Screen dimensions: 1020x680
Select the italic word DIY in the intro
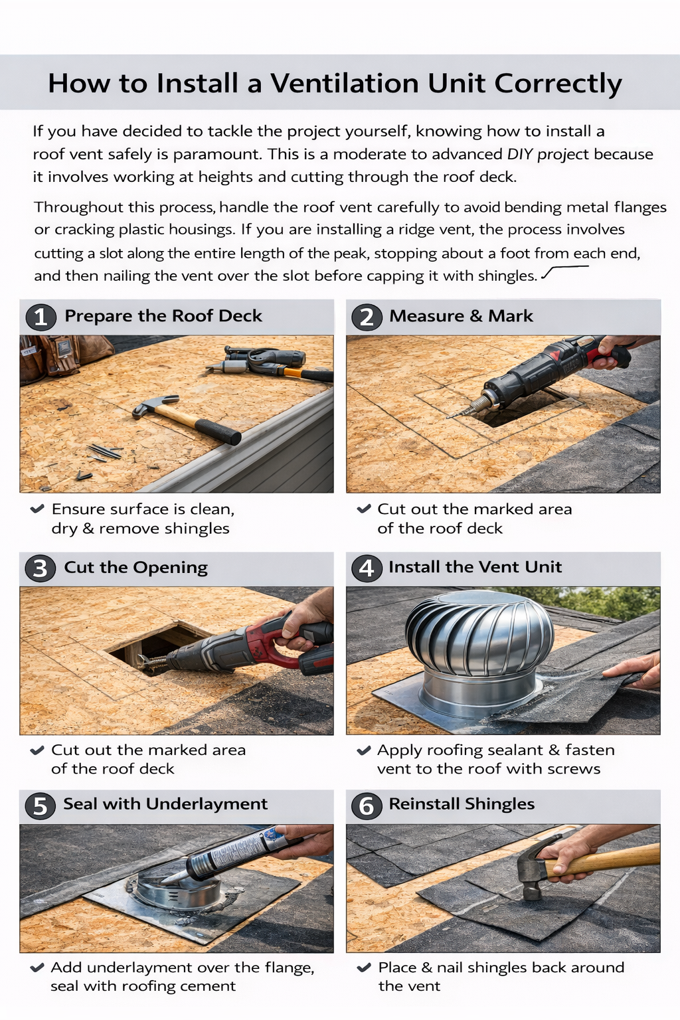click(x=520, y=154)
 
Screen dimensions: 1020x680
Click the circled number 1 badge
click(x=41, y=317)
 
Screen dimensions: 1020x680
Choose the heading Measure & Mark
click(x=461, y=316)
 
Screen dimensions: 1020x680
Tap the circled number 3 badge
click(x=41, y=568)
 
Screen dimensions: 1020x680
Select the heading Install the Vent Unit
click(x=475, y=567)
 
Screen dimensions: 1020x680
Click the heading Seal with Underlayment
click(x=165, y=804)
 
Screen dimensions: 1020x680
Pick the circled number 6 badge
click(x=367, y=806)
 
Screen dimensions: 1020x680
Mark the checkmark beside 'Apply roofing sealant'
click(x=363, y=751)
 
